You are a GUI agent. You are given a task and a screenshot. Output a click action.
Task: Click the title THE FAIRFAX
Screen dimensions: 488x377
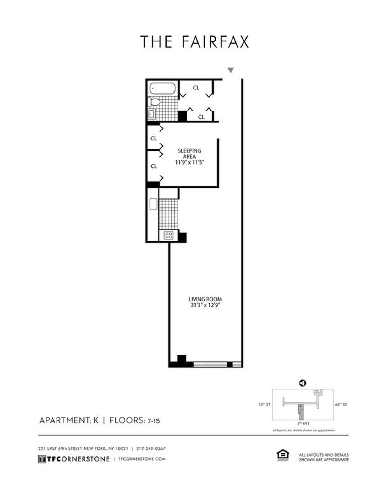[194, 42]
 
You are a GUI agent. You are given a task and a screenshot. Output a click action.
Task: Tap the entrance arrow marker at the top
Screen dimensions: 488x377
[231, 70]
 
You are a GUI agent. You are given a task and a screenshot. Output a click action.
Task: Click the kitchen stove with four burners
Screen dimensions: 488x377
[168, 235]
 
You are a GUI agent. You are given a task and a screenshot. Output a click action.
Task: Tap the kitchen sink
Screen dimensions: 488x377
[153, 204]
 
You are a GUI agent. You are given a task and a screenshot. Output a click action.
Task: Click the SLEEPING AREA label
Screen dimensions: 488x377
[189, 154]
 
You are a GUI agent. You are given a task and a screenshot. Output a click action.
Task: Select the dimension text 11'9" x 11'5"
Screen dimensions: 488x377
[190, 163]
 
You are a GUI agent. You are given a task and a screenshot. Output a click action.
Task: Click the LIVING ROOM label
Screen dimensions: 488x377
[205, 299]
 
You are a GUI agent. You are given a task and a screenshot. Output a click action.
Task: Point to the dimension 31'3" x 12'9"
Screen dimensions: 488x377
[205, 305]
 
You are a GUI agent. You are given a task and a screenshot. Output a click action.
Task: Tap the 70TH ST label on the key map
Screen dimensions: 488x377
[264, 405]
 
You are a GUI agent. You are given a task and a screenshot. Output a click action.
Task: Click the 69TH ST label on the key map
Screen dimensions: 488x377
[341, 405]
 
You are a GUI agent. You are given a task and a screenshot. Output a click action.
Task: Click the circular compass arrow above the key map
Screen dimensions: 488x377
[303, 383]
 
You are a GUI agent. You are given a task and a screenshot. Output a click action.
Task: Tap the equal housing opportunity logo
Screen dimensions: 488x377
[281, 455]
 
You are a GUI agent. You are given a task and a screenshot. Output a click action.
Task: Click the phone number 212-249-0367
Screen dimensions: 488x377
[151, 448]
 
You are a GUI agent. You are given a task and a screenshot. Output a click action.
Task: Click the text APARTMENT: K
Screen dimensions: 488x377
[69, 420]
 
